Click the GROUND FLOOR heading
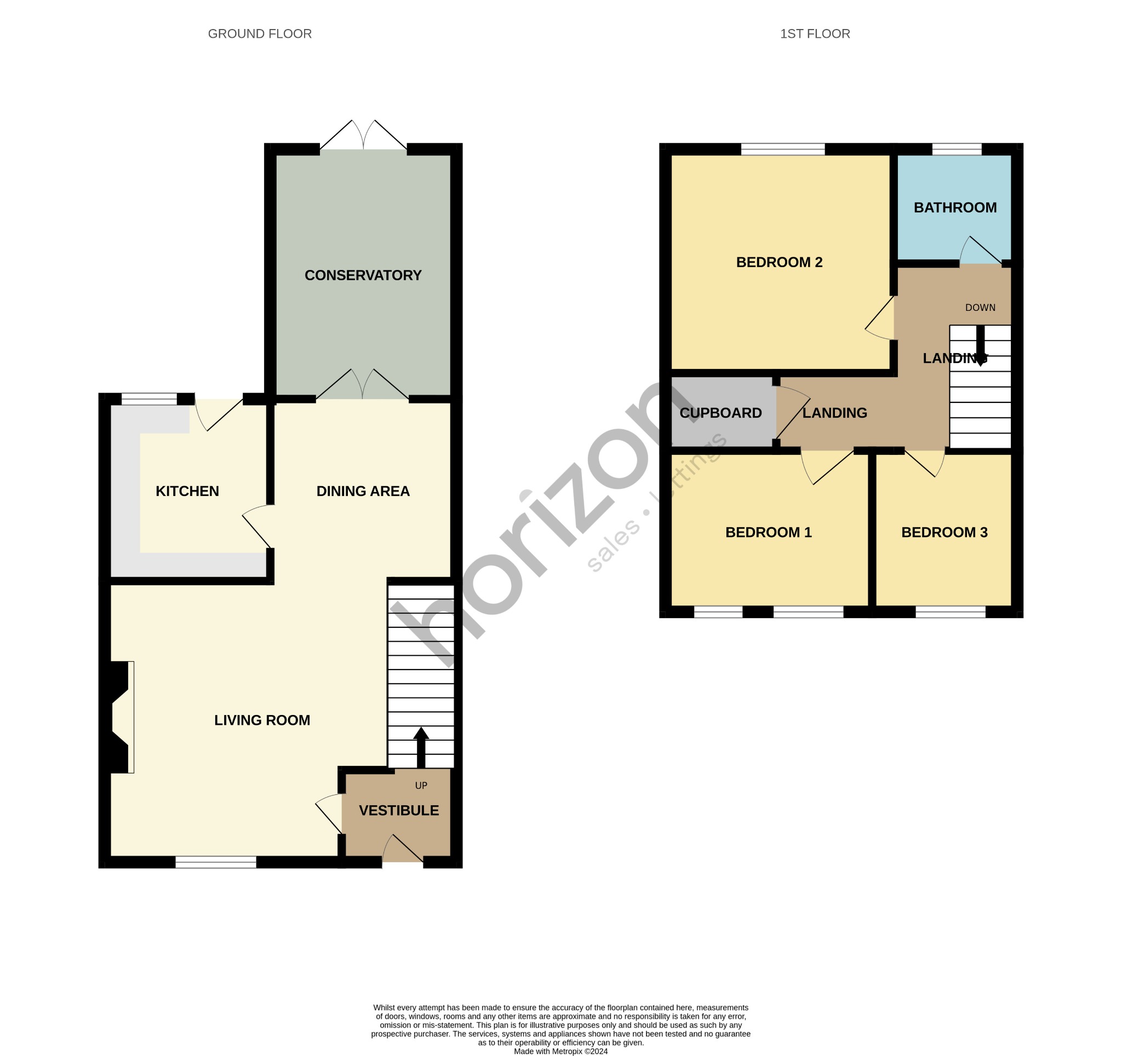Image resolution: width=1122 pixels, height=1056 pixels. point(260,34)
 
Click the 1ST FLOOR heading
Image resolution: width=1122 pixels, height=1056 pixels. point(815,34)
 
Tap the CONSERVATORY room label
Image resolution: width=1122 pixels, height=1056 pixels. point(363,275)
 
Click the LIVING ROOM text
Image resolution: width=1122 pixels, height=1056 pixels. point(262,720)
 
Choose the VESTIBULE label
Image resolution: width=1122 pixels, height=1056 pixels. point(398,810)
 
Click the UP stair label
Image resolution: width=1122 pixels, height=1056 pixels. point(421,785)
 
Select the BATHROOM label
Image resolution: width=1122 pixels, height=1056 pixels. point(955,207)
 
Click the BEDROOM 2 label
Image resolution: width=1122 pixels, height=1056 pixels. point(779,262)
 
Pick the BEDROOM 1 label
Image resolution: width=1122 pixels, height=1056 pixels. point(768,532)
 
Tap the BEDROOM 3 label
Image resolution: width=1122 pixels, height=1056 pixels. point(944,532)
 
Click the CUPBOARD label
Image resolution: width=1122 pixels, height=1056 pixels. point(720,413)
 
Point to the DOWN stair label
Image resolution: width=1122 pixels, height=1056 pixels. point(980,308)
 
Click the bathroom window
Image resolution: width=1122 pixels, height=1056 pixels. point(956,149)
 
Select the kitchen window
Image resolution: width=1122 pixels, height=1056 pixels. point(149,399)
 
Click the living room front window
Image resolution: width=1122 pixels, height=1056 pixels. point(216,862)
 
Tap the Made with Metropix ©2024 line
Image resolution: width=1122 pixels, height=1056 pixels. point(560,1051)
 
